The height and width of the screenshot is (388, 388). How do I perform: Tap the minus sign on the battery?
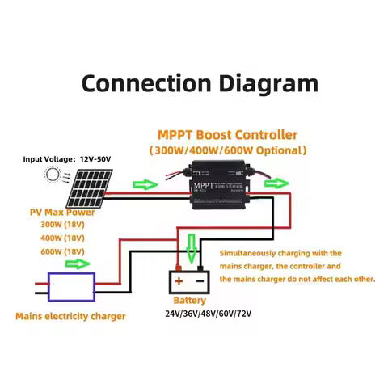coord(200,282)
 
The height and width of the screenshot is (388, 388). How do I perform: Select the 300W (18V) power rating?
coord(62,225)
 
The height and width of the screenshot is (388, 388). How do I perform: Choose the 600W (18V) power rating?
coord(62,251)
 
